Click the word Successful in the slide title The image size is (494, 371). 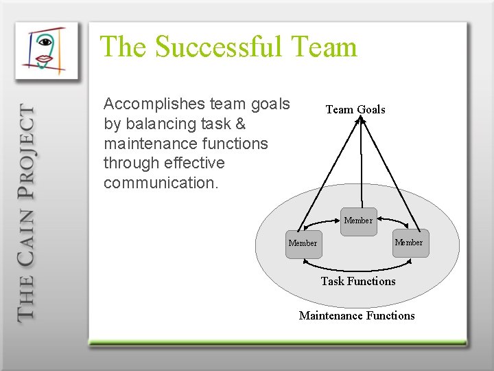tap(218, 47)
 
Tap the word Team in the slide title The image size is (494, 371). tap(325, 47)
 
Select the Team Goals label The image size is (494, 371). tap(355, 109)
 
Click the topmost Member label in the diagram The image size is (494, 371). tap(358, 221)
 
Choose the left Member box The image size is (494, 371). tap(303, 243)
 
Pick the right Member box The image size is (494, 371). tap(409, 242)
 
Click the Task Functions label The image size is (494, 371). tap(358, 281)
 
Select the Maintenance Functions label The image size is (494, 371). tap(357, 315)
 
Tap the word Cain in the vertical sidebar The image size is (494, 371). tap(25, 231)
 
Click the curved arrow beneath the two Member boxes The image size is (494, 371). tap(357, 267)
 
